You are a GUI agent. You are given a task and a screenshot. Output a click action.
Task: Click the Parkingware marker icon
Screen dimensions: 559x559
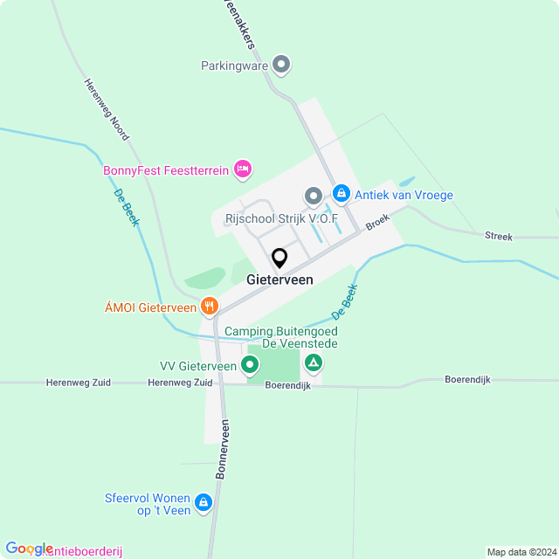point(281,65)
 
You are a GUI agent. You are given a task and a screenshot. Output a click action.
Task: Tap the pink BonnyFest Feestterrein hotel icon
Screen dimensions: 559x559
point(243,169)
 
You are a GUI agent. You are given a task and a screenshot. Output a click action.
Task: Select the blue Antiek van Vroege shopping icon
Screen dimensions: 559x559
point(342,194)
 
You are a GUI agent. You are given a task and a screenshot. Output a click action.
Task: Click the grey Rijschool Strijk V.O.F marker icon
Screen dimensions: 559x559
point(313,195)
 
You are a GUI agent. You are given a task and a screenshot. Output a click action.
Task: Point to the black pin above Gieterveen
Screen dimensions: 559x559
point(279,259)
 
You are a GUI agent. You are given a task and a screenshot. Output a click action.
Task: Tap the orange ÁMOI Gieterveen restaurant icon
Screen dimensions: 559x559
point(209,307)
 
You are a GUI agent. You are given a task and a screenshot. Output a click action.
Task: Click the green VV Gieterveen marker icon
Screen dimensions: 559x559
point(251,365)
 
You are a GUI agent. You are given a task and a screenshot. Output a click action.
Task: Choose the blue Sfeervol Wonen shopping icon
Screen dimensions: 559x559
point(204,502)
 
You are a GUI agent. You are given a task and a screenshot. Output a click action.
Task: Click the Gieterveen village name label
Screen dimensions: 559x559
point(279,279)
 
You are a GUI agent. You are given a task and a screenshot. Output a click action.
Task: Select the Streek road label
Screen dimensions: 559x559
point(499,236)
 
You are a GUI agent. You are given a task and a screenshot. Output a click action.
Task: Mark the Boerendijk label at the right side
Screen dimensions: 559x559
point(466,379)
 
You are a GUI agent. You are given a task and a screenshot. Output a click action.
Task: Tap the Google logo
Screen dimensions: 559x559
point(29,549)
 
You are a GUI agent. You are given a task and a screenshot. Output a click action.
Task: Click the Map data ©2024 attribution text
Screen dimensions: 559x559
point(521,552)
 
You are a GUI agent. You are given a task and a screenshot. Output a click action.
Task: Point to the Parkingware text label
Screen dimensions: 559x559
point(233,66)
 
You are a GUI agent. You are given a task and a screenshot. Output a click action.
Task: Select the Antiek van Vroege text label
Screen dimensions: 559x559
point(404,195)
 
